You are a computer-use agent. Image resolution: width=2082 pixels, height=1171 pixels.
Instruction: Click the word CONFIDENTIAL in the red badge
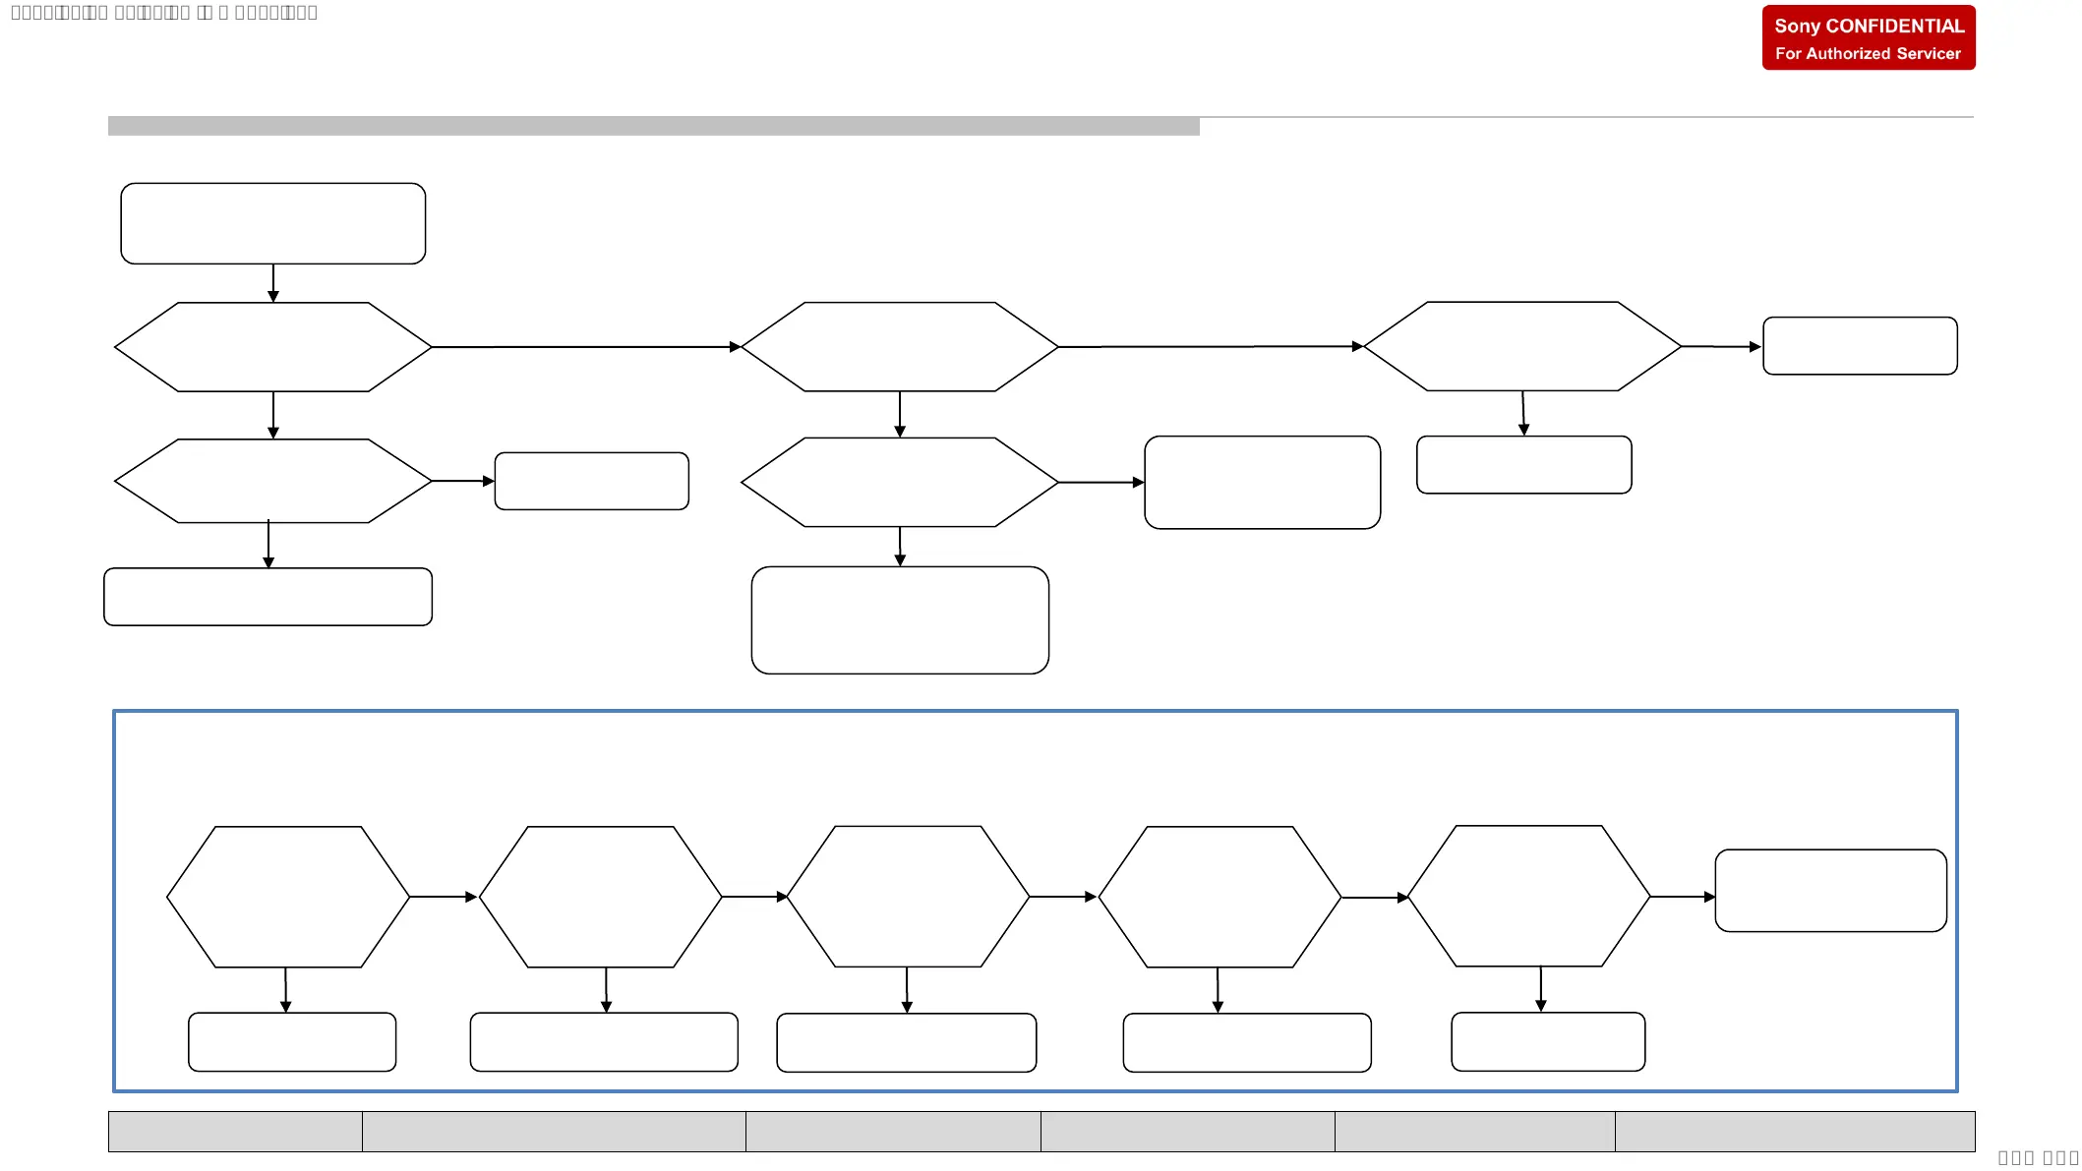click(1894, 27)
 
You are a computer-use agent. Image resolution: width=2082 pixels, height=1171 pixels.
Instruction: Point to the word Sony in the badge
click(1797, 27)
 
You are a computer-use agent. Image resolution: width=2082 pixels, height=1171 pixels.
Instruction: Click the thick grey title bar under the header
click(653, 126)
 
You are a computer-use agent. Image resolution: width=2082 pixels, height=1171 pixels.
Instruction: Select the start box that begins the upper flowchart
click(272, 223)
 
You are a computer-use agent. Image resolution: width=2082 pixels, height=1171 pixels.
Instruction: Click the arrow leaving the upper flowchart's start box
click(273, 283)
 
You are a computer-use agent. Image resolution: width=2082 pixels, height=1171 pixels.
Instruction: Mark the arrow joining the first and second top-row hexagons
click(585, 347)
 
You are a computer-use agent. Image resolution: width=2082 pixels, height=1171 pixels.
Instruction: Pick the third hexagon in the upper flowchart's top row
click(1521, 346)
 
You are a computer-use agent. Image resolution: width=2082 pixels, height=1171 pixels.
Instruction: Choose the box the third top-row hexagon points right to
click(1859, 346)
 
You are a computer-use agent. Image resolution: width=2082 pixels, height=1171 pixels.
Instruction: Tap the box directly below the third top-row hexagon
click(1523, 465)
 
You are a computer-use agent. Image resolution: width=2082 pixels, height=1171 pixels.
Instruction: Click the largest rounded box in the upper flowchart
click(900, 619)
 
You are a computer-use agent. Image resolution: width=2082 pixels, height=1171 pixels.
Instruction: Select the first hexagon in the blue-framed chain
click(288, 897)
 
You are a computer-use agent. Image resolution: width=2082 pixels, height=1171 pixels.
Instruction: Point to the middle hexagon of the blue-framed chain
click(908, 897)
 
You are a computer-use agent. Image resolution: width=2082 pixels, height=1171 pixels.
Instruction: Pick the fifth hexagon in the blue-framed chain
click(1528, 897)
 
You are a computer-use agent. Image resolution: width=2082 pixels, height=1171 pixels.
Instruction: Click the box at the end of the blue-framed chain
click(1830, 891)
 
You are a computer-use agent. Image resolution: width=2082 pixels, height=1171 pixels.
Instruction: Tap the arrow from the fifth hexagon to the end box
click(1682, 897)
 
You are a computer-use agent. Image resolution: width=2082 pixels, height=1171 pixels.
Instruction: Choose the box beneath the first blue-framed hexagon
click(292, 1042)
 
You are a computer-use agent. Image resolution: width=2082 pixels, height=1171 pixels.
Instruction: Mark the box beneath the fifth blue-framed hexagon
click(1547, 1042)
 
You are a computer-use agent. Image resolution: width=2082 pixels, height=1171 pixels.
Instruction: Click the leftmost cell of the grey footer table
click(235, 1132)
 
